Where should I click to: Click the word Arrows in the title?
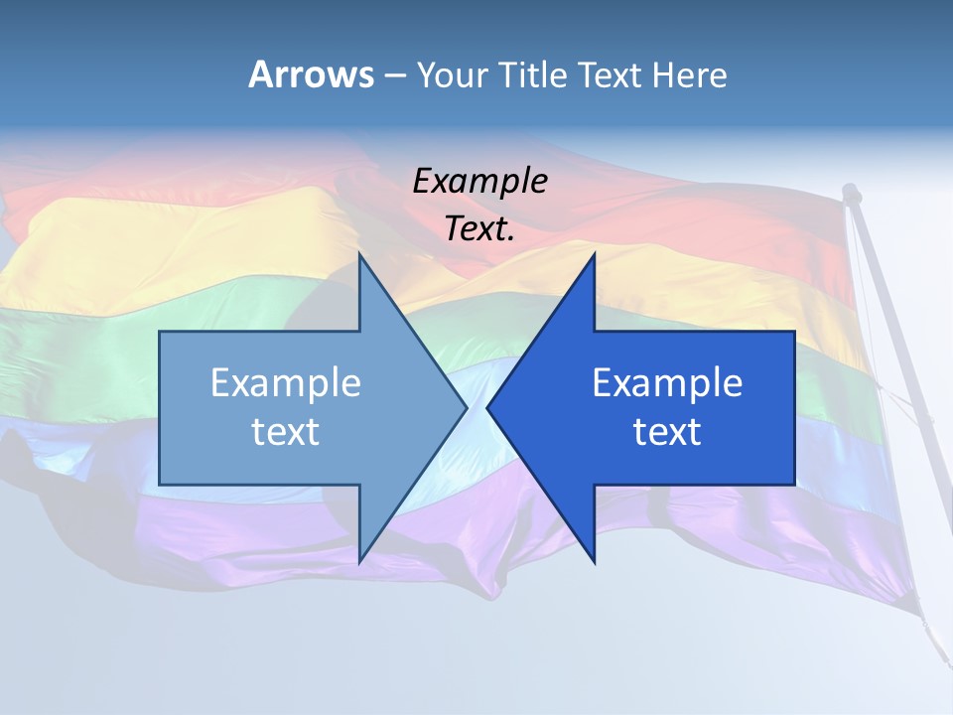311,74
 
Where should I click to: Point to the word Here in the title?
690,74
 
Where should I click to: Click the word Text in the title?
612,74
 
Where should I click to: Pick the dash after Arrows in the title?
394,76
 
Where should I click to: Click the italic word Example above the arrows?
480,181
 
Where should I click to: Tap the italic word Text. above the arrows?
480,229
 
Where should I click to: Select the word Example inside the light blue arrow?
286,383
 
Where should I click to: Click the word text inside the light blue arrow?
286,432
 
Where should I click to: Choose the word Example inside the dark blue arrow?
667,383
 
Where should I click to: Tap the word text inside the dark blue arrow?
667,432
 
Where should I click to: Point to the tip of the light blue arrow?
466,407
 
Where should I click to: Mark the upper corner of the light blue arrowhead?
359,255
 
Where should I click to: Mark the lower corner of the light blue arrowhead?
359,561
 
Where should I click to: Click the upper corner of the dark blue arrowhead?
594,255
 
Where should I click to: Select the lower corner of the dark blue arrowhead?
594,561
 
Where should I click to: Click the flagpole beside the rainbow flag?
888,397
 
